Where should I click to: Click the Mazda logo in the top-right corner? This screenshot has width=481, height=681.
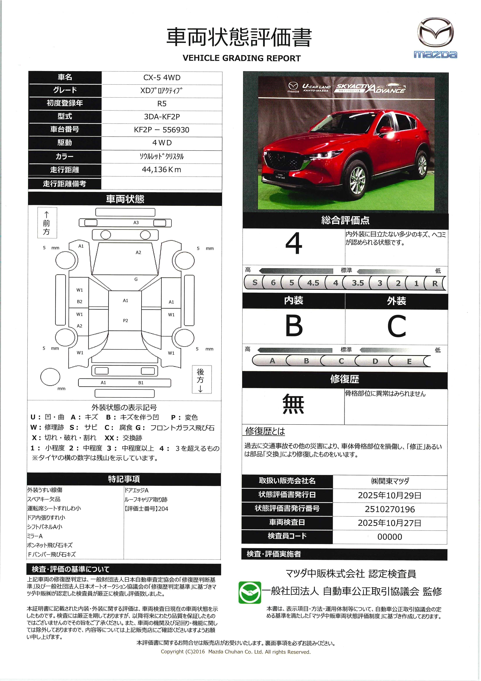point(435,38)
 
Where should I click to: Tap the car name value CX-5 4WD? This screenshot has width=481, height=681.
point(162,77)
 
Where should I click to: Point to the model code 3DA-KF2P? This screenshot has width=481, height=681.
point(162,117)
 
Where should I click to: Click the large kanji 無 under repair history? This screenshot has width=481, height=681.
point(293,404)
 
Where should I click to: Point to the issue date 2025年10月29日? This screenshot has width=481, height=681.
point(389,495)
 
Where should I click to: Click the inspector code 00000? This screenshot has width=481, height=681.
point(389,537)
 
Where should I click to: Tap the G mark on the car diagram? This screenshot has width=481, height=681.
point(136,279)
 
